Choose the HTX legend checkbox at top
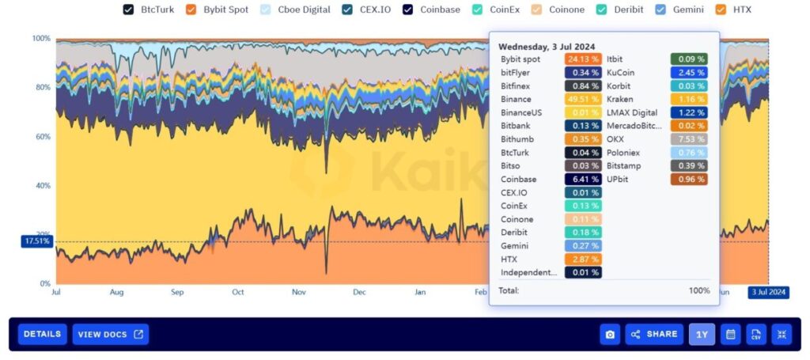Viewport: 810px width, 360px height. (732, 10)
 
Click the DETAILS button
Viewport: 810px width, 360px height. (42, 334)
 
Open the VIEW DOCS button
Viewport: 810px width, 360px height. (110, 334)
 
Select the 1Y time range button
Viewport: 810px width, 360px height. (702, 334)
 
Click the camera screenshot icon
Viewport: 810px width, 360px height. (610, 334)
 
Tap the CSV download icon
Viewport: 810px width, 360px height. (755, 334)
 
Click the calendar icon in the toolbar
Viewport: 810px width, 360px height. (730, 334)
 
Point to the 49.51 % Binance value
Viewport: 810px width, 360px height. (583, 100)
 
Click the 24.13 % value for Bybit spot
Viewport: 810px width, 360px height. (583, 59)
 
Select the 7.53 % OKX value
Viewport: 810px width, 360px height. (689, 139)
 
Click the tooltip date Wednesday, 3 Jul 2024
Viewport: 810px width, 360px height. (547, 47)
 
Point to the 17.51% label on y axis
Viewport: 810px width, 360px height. (36, 241)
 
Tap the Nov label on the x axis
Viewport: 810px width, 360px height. (298, 292)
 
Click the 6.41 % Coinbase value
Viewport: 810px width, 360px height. (583, 180)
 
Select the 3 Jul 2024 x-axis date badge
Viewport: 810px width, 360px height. (767, 292)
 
